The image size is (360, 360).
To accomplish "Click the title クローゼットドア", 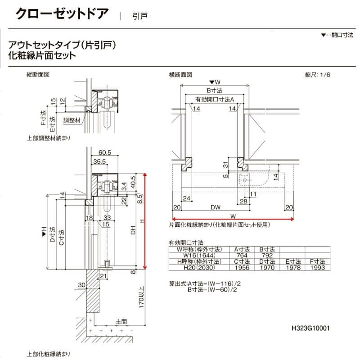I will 62,13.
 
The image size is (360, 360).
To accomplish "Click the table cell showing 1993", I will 318,268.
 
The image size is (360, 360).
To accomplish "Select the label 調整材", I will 72,120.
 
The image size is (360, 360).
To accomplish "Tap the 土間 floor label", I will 121,322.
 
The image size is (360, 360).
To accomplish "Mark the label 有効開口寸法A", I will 215,99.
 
